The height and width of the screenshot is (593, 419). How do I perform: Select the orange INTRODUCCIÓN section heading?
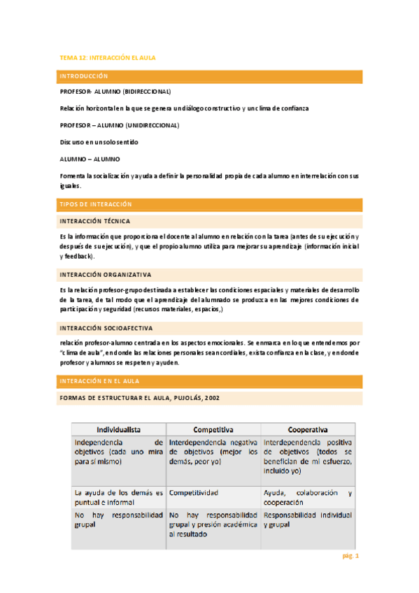tap(84, 76)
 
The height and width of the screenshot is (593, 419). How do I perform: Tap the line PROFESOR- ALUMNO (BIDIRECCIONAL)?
tap(115, 92)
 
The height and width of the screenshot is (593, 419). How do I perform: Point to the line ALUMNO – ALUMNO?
tap(90, 159)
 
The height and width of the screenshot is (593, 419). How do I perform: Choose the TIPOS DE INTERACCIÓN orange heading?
tap(96, 203)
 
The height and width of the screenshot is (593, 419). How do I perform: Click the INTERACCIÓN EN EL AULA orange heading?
tap(99, 381)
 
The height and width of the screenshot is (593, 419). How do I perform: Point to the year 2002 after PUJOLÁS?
tap(211, 398)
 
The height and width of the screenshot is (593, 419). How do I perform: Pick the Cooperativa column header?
tap(308, 429)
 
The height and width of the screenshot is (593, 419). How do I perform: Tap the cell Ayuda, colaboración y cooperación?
tap(307, 497)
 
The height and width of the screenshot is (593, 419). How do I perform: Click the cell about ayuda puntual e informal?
tap(118, 497)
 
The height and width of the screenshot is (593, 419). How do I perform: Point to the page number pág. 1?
tap(350, 557)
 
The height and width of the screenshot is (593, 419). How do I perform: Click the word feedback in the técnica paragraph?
tap(78, 257)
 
